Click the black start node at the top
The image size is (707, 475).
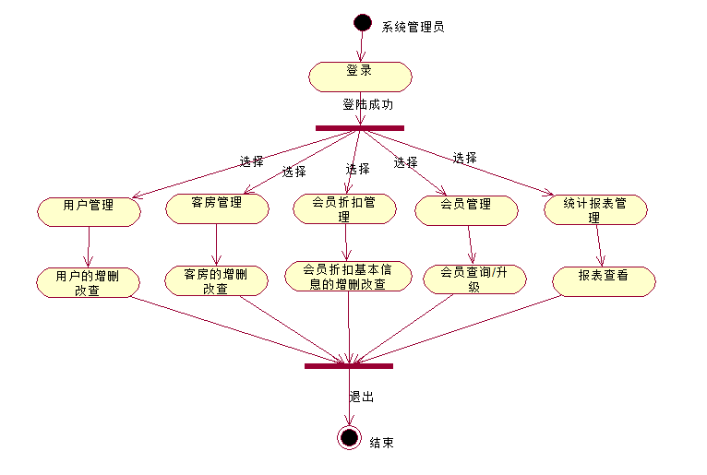[x=361, y=23]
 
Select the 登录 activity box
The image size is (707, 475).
[x=360, y=77]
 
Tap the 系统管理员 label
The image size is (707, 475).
[x=413, y=27]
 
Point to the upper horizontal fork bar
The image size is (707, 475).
[x=359, y=127]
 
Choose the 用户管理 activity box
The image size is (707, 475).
[x=89, y=210]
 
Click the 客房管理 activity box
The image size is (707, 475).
[x=217, y=208]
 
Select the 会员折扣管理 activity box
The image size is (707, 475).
[x=344, y=208]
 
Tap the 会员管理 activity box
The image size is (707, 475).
[x=466, y=210]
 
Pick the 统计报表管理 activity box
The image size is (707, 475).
[x=595, y=209]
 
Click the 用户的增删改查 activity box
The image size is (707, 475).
[x=89, y=282]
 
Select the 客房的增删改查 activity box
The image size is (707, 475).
[x=216, y=280]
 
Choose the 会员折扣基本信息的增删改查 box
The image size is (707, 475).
[x=345, y=277]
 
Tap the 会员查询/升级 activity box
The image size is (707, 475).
[x=473, y=279]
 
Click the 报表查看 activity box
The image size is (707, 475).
[x=604, y=281]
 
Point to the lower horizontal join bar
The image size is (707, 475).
[x=349, y=366]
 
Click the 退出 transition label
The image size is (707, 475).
[x=361, y=398]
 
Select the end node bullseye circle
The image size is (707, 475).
[x=349, y=437]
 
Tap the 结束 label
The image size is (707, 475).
[x=381, y=443]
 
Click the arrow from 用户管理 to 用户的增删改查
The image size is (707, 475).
[x=89, y=246]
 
